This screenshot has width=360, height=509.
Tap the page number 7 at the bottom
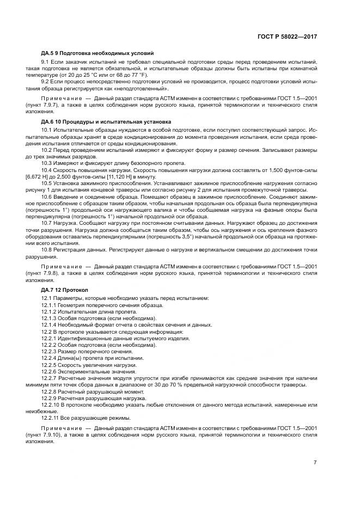point(315,463)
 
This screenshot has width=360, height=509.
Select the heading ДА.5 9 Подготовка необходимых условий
point(97,53)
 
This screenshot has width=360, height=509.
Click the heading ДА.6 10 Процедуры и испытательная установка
point(106,121)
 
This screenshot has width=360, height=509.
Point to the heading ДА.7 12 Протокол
point(68,290)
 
